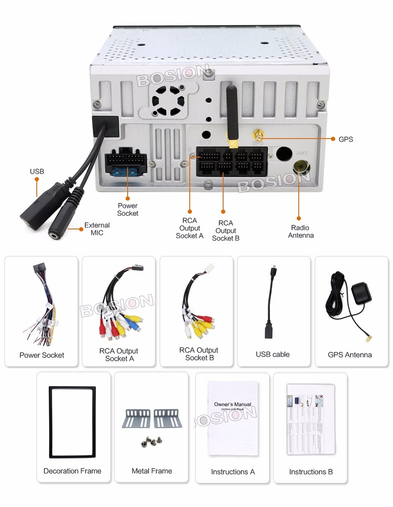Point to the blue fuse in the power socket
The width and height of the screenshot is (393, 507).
tap(126, 171)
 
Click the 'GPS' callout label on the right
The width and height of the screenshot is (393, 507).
tap(346, 139)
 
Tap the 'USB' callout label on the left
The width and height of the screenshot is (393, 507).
tap(37, 172)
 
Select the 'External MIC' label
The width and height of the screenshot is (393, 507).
tap(97, 229)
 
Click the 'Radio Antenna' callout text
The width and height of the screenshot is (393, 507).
tap(300, 232)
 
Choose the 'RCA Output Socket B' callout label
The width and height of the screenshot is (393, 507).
tap(226, 231)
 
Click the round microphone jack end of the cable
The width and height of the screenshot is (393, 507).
tap(56, 233)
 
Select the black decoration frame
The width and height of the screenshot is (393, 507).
tap(72, 422)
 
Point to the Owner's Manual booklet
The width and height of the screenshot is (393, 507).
tap(232, 418)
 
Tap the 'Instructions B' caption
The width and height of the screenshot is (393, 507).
tap(311, 472)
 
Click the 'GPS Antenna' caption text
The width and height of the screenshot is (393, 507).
tap(350, 355)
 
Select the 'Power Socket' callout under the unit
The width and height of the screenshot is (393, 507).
tap(128, 210)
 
